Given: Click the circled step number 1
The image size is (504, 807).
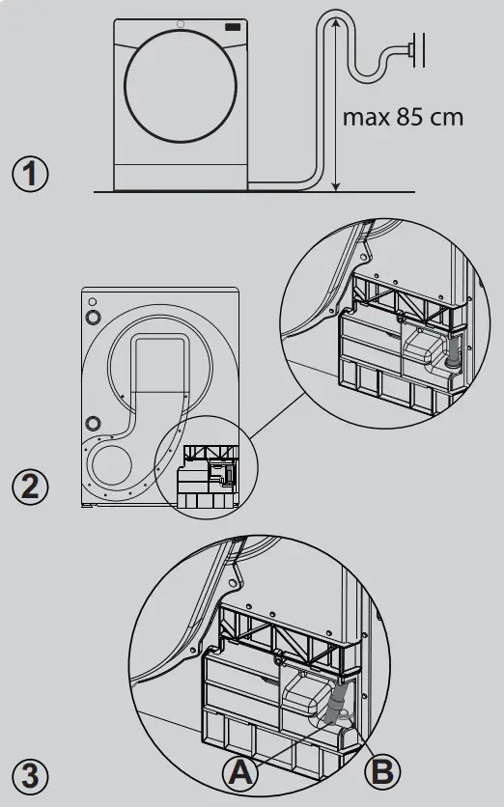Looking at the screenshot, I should pyautogui.click(x=31, y=175).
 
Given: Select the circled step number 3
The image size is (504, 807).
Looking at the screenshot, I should pyautogui.click(x=31, y=774).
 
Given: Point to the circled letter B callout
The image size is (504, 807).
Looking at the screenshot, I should pyautogui.click(x=384, y=772).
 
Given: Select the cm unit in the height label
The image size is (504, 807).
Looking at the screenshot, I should pyautogui.click(x=446, y=118).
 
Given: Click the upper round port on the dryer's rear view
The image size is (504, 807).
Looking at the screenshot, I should pyautogui.click(x=93, y=317).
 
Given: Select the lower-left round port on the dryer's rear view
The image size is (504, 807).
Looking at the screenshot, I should pyautogui.click(x=94, y=423).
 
